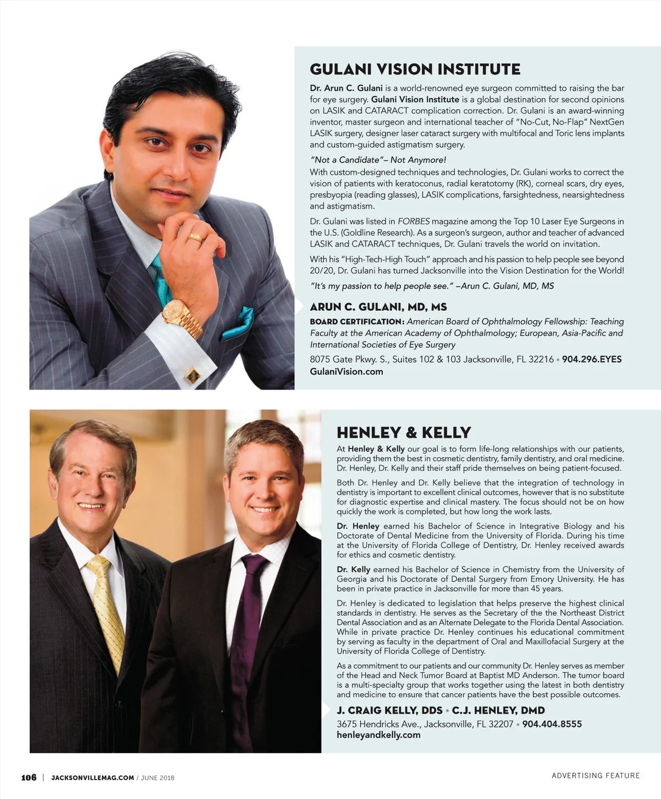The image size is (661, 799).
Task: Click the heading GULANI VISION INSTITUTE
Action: [415, 69]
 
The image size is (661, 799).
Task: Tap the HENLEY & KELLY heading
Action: [404, 433]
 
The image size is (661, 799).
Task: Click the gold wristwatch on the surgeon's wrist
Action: [182, 316]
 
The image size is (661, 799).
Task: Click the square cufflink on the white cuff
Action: [192, 375]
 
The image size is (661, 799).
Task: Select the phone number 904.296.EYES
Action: [592, 359]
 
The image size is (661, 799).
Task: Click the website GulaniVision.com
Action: [346, 371]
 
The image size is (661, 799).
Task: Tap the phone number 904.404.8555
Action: [552, 724]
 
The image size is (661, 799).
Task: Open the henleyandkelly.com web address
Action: [378, 735]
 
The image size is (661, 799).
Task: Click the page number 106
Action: [29, 778]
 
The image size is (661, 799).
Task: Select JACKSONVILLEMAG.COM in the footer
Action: [93, 778]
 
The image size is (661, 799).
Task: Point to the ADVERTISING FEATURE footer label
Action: [595, 775]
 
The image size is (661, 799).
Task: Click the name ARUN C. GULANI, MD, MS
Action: [378, 307]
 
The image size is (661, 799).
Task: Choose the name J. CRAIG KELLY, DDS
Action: [389, 710]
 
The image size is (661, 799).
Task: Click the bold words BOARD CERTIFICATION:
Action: [357, 322]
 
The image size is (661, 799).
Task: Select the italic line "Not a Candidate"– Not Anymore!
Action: [378, 160]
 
